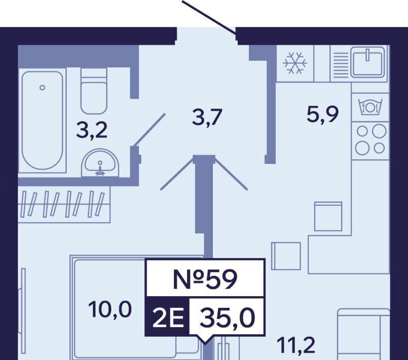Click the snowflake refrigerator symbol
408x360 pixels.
tap(295, 63)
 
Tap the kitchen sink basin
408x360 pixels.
tap(367, 62)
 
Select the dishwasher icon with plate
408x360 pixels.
tap(370, 106)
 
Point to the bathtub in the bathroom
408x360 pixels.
tap(43, 120)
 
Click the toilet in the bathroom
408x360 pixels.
tap(94, 91)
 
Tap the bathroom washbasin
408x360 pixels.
tap(100, 163)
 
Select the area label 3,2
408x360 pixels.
tap(92, 131)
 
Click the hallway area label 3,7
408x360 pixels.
tap(207, 117)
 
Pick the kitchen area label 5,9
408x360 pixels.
tap(323, 115)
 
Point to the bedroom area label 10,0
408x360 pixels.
tap(110, 310)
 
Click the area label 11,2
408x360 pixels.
tap(296, 345)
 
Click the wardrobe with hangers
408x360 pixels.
tap(64, 204)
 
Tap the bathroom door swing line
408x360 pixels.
tap(150, 130)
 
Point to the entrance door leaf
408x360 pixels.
tap(209, 17)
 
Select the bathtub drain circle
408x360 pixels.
tap(42, 87)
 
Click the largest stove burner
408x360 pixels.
tap(379, 131)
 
